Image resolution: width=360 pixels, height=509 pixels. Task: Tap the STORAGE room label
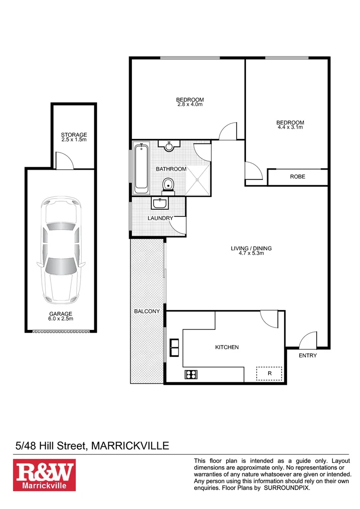pos(74,135)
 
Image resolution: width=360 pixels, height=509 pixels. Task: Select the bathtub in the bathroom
pos(141,169)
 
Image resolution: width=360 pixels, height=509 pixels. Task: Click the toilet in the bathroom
pos(168,185)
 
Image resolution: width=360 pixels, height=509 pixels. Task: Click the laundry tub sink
pos(160,203)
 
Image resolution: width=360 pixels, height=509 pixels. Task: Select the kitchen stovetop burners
pos(191,375)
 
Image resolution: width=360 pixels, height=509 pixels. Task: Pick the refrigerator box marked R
pos(270,373)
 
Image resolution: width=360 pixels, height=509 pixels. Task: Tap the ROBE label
pos(297,177)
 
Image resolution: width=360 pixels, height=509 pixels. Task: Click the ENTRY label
pos(308,355)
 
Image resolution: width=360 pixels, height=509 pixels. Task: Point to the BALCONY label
pos(147,312)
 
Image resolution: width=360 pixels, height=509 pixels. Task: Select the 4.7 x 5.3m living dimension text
pos(251,254)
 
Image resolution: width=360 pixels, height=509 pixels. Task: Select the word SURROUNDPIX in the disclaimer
pos(286,488)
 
